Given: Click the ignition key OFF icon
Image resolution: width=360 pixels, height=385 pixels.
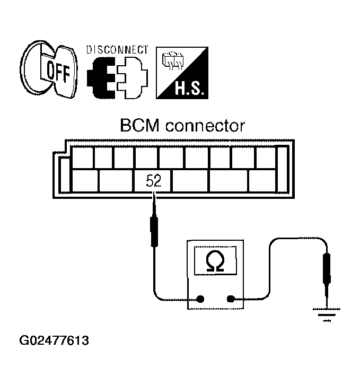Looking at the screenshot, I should tap(51, 72).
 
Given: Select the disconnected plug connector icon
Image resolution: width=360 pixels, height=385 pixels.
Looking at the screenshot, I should tap(117, 77).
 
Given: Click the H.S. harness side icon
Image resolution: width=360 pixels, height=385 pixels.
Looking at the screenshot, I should tap(181, 73).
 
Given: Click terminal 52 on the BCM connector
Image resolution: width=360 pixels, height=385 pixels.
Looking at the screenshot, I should tap(153, 181).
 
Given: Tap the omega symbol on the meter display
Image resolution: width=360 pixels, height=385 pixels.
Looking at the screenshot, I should tap(214, 261).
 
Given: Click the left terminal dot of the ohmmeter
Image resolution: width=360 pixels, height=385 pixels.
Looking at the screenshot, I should tap(200, 299).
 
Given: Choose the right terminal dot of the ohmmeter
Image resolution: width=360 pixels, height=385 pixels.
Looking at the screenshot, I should tap(231, 299).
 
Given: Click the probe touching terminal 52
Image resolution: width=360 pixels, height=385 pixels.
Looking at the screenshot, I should tap(154, 228).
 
